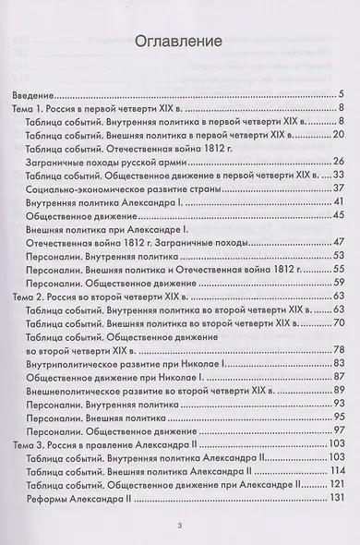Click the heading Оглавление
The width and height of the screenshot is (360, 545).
click(180, 42)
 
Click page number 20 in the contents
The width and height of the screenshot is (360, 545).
click(338, 135)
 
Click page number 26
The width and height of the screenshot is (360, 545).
click(338, 162)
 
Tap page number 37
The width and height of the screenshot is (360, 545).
click(338, 188)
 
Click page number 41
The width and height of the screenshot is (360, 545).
click(338, 202)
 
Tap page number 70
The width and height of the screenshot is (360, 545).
click(338, 322)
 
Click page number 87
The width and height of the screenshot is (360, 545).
click(338, 377)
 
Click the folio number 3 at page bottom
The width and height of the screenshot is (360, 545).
click(180, 527)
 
